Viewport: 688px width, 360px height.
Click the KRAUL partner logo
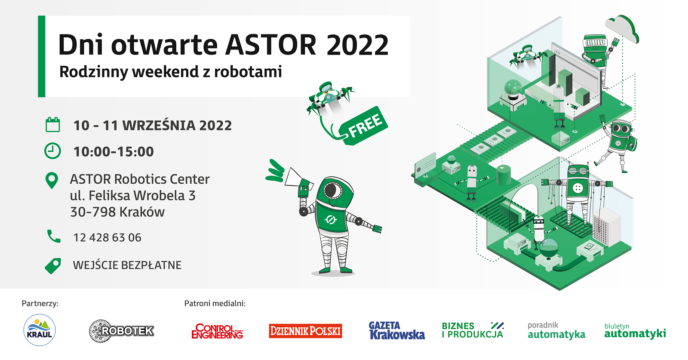(40, 330)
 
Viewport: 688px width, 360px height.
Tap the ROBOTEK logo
(122, 331)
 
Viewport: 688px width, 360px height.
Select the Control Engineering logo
(217, 331)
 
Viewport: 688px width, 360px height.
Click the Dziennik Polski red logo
(305, 331)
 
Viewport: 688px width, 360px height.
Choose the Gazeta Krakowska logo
(397, 330)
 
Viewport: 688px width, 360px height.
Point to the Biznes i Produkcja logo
(473, 330)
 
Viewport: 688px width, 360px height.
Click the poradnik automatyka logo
(556, 330)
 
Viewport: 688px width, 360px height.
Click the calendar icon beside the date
(52, 125)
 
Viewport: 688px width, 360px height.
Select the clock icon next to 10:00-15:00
(52, 151)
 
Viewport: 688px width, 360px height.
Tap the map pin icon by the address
(52, 181)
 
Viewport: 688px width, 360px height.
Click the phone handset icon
(54, 236)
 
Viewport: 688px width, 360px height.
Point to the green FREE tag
(364, 126)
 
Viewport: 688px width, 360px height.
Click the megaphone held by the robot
(297, 178)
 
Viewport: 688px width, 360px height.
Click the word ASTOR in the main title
(270, 45)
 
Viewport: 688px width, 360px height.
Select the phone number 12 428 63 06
(107, 237)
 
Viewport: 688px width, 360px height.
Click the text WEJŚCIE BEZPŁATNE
(127, 265)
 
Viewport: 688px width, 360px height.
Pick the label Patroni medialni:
(215, 304)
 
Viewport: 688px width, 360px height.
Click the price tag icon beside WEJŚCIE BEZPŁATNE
(53, 266)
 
